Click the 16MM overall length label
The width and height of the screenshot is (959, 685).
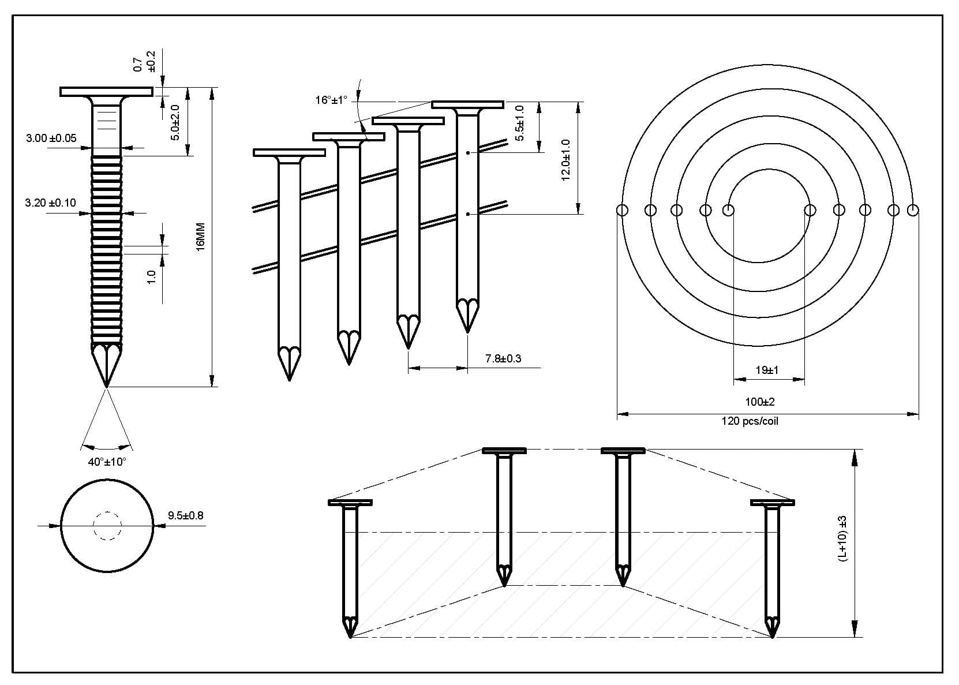pyautogui.click(x=200, y=237)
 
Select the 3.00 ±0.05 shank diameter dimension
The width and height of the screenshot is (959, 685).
pyautogui.click(x=51, y=139)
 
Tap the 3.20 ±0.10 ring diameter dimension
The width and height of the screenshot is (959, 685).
pyautogui.click(x=50, y=203)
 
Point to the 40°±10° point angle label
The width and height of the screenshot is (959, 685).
pyautogui.click(x=107, y=462)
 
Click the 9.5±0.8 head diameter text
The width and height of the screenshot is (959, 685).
pyautogui.click(x=186, y=515)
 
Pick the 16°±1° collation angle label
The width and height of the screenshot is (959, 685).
pyautogui.click(x=331, y=100)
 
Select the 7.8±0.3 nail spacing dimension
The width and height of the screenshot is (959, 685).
pyautogui.click(x=503, y=358)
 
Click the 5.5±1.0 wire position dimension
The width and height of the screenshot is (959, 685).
pyautogui.click(x=520, y=123)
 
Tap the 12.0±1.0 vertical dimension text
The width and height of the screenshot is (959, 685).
pyautogui.click(x=565, y=159)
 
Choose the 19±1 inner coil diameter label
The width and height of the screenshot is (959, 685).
pyautogui.click(x=767, y=370)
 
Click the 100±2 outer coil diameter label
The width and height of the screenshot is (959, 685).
pyautogui.click(x=760, y=402)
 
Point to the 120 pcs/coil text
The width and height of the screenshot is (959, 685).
pyautogui.click(x=750, y=421)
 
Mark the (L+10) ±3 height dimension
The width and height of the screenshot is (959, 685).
pyautogui.click(x=842, y=538)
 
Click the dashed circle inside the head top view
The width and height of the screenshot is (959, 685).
pyautogui.click(x=107, y=526)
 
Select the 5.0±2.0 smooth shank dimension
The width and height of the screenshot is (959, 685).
pyautogui.click(x=176, y=122)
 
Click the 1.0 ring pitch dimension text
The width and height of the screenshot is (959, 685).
pyautogui.click(x=152, y=277)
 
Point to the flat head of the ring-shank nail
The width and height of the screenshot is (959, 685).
pyautogui.click(x=106, y=92)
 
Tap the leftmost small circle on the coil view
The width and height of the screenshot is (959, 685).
pyautogui.click(x=622, y=210)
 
